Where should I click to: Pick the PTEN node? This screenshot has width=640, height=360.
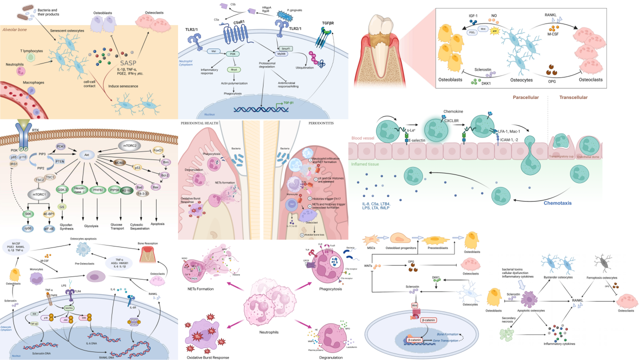coord(60,175)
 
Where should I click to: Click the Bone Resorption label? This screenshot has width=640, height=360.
coord(155,243)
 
